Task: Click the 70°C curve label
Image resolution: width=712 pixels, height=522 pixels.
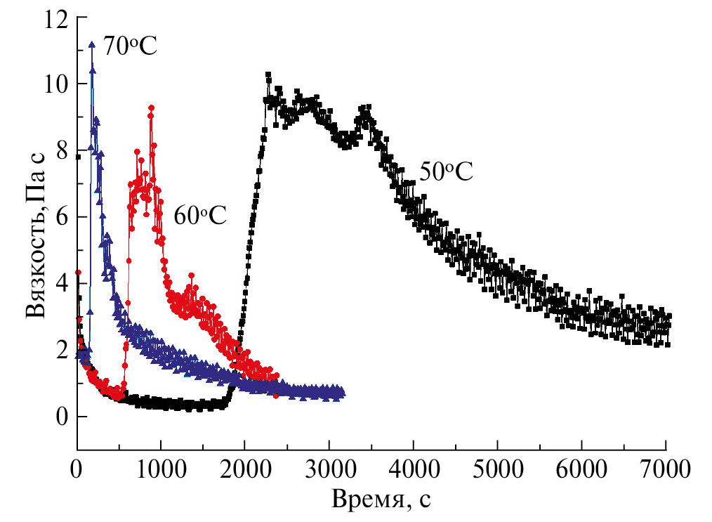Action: (x=130, y=47)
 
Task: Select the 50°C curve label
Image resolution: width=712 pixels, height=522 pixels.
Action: (x=447, y=171)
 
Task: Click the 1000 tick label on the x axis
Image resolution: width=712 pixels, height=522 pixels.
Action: (x=160, y=467)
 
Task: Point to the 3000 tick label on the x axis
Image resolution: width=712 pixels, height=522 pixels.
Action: (x=329, y=467)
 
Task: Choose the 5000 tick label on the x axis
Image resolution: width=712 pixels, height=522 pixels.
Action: (x=497, y=467)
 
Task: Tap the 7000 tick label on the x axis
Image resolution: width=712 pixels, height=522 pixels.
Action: (x=665, y=467)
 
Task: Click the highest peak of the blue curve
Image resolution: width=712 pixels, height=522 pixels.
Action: (x=91, y=44)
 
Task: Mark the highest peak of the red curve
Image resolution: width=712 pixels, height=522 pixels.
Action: (x=151, y=107)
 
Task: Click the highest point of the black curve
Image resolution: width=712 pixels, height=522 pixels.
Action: (x=268, y=74)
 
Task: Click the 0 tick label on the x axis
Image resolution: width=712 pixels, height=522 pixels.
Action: (x=77, y=467)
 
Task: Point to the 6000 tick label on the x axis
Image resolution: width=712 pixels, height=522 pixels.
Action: (x=581, y=467)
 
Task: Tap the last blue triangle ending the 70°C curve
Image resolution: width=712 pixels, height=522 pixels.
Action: (x=341, y=393)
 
